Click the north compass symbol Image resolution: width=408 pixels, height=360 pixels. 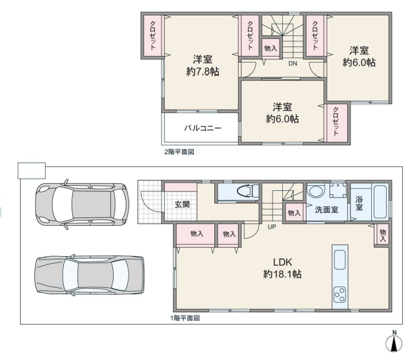394,343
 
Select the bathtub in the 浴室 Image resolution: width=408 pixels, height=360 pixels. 381,202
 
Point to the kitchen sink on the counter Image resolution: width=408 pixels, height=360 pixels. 340,259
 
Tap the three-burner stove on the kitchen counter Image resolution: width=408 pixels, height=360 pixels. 340,294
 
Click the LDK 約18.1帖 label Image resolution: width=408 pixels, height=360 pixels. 282,268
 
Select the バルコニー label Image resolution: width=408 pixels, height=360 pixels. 203,128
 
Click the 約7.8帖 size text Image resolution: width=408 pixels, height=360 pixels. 203,71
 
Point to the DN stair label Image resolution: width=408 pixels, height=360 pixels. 292,63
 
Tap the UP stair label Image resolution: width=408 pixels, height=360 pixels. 272,227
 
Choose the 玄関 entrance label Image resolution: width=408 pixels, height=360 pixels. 182,205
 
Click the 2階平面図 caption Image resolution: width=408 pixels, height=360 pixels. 179,152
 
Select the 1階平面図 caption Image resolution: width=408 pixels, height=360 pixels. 185,318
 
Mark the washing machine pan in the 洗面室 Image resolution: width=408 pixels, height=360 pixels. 338,190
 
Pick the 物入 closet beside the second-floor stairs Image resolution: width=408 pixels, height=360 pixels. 270,48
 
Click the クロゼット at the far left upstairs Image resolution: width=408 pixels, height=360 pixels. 153,35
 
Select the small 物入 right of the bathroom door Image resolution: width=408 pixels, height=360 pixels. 382,234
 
